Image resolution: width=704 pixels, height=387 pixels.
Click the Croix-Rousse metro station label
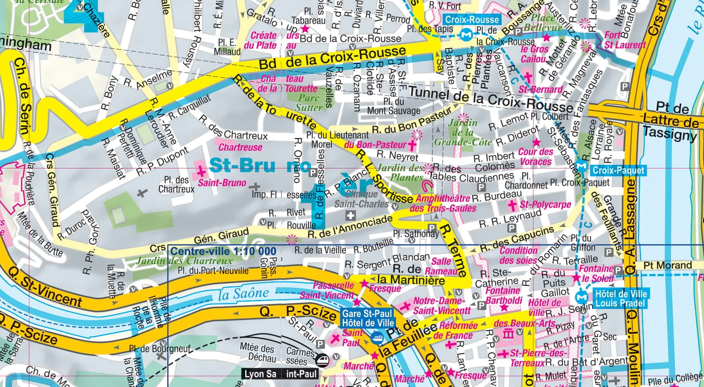tap(472, 20)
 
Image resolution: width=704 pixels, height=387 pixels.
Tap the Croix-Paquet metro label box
tap(618, 170)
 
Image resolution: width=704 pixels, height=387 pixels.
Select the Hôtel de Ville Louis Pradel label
tap(620, 298)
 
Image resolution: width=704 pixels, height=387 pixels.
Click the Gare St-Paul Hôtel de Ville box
tap(367, 318)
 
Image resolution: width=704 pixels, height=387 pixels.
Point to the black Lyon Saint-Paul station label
tap(281, 374)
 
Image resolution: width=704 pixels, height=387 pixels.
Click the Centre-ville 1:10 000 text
tap(223, 251)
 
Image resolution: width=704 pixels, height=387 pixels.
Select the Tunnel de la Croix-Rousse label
tap(490, 99)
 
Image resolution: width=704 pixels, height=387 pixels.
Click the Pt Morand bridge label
tap(667, 266)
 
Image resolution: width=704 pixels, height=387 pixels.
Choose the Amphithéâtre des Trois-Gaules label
tap(443, 204)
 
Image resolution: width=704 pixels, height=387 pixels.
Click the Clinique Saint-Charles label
tap(361, 199)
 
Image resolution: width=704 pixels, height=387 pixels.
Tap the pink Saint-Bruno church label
tap(222, 182)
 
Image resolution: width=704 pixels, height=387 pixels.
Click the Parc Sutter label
tap(309, 103)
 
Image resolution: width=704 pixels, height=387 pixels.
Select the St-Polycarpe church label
tap(545, 205)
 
